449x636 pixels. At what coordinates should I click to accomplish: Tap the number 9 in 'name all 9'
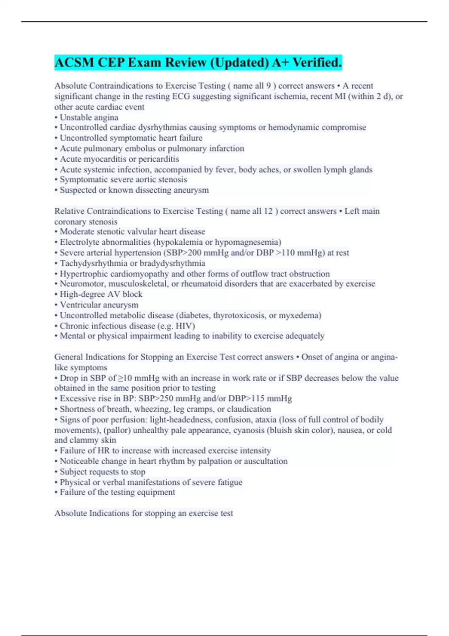[x=268, y=86]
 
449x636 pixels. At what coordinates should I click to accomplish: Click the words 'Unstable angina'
[x=89, y=117]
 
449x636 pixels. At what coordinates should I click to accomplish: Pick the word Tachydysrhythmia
[x=94, y=263]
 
